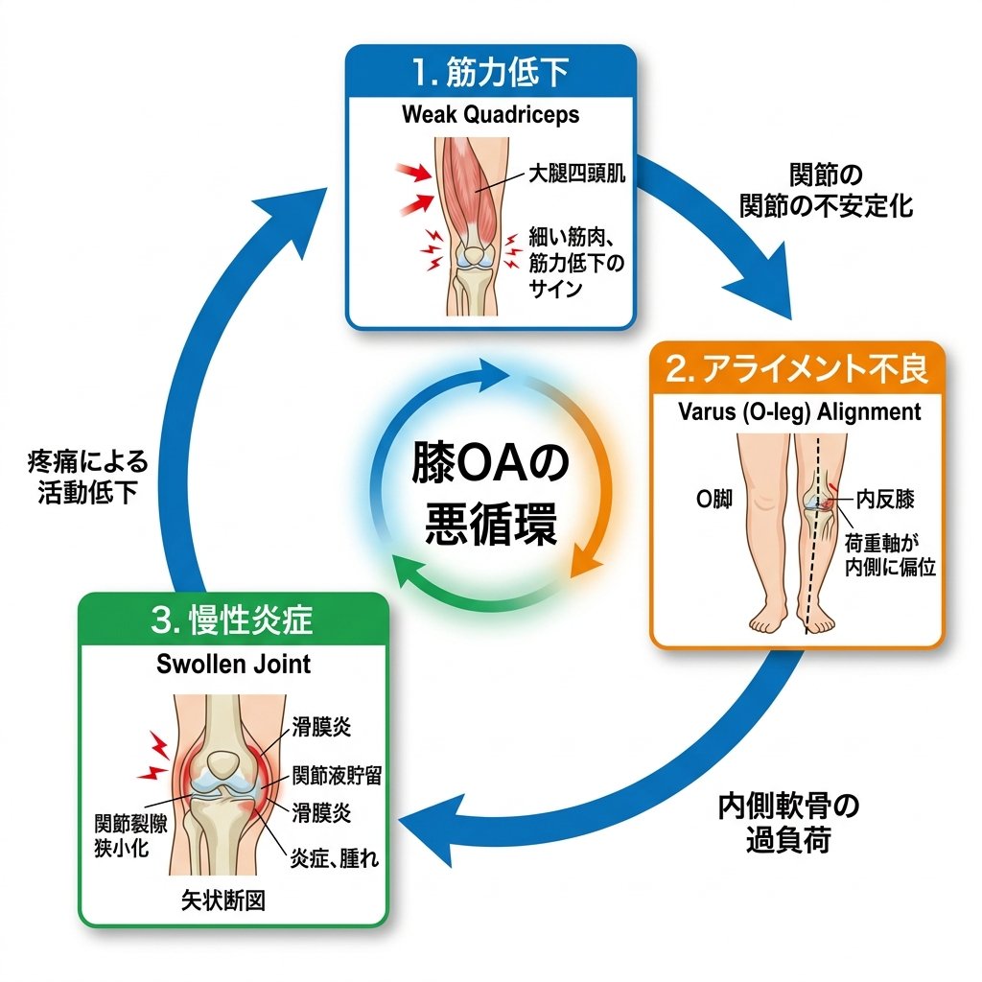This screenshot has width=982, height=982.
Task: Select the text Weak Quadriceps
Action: [x=490, y=115]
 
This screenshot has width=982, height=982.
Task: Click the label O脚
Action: [x=713, y=501]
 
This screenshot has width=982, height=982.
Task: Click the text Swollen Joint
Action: [x=233, y=664]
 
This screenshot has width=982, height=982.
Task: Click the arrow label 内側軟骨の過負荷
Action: [x=788, y=823]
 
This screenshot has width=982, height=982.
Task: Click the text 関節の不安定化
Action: [x=826, y=191]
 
